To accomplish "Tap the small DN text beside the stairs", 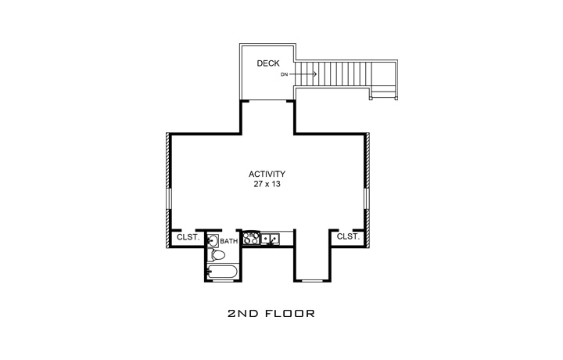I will (x=285, y=74).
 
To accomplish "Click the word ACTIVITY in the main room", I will (x=267, y=174).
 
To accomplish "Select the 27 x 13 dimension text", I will (x=267, y=185).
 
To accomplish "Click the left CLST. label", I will (x=188, y=236).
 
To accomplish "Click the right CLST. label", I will (x=348, y=236).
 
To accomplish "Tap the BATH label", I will (x=228, y=241).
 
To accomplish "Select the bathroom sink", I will (x=213, y=241).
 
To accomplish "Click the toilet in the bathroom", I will (x=213, y=255).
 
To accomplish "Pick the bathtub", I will (x=223, y=272).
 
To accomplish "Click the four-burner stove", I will (x=252, y=238).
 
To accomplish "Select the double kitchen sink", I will (x=271, y=237).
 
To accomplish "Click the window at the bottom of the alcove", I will (x=311, y=280).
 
